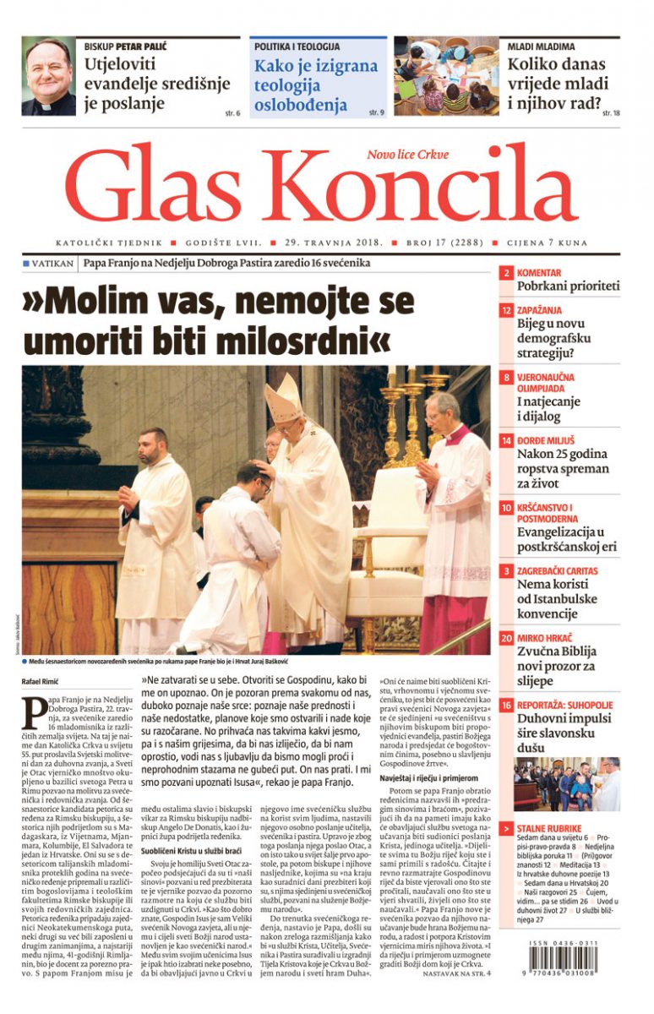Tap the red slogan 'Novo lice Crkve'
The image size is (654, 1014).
coord(407,155)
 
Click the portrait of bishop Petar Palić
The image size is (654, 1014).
coord(48,77)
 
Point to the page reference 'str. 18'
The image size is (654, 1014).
coord(611,112)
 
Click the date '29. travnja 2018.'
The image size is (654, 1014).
coord(334,243)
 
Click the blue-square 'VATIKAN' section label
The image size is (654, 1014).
coord(49,264)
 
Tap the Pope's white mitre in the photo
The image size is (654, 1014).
coord(284,397)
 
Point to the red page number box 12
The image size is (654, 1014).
coord(506,311)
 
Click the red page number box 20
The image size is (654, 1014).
coord(506,640)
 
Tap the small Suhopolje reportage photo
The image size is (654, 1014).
coord(566,785)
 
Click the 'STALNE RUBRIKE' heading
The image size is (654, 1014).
coord(552,828)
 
